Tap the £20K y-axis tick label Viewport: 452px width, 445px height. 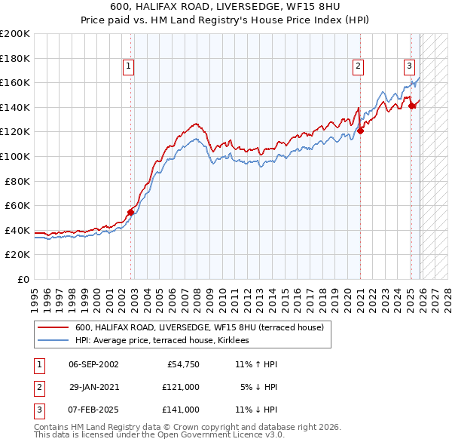pyautogui.click(x=18, y=255)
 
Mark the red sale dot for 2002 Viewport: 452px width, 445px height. pyautogui.click(x=130, y=212)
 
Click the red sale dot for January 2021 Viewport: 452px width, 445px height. pyautogui.click(x=360, y=130)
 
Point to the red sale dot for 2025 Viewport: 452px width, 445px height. pyautogui.click(x=411, y=106)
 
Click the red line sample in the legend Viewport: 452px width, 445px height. pyautogui.click(x=53, y=327)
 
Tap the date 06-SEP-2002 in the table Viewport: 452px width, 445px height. pyautogui.click(x=93, y=364)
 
